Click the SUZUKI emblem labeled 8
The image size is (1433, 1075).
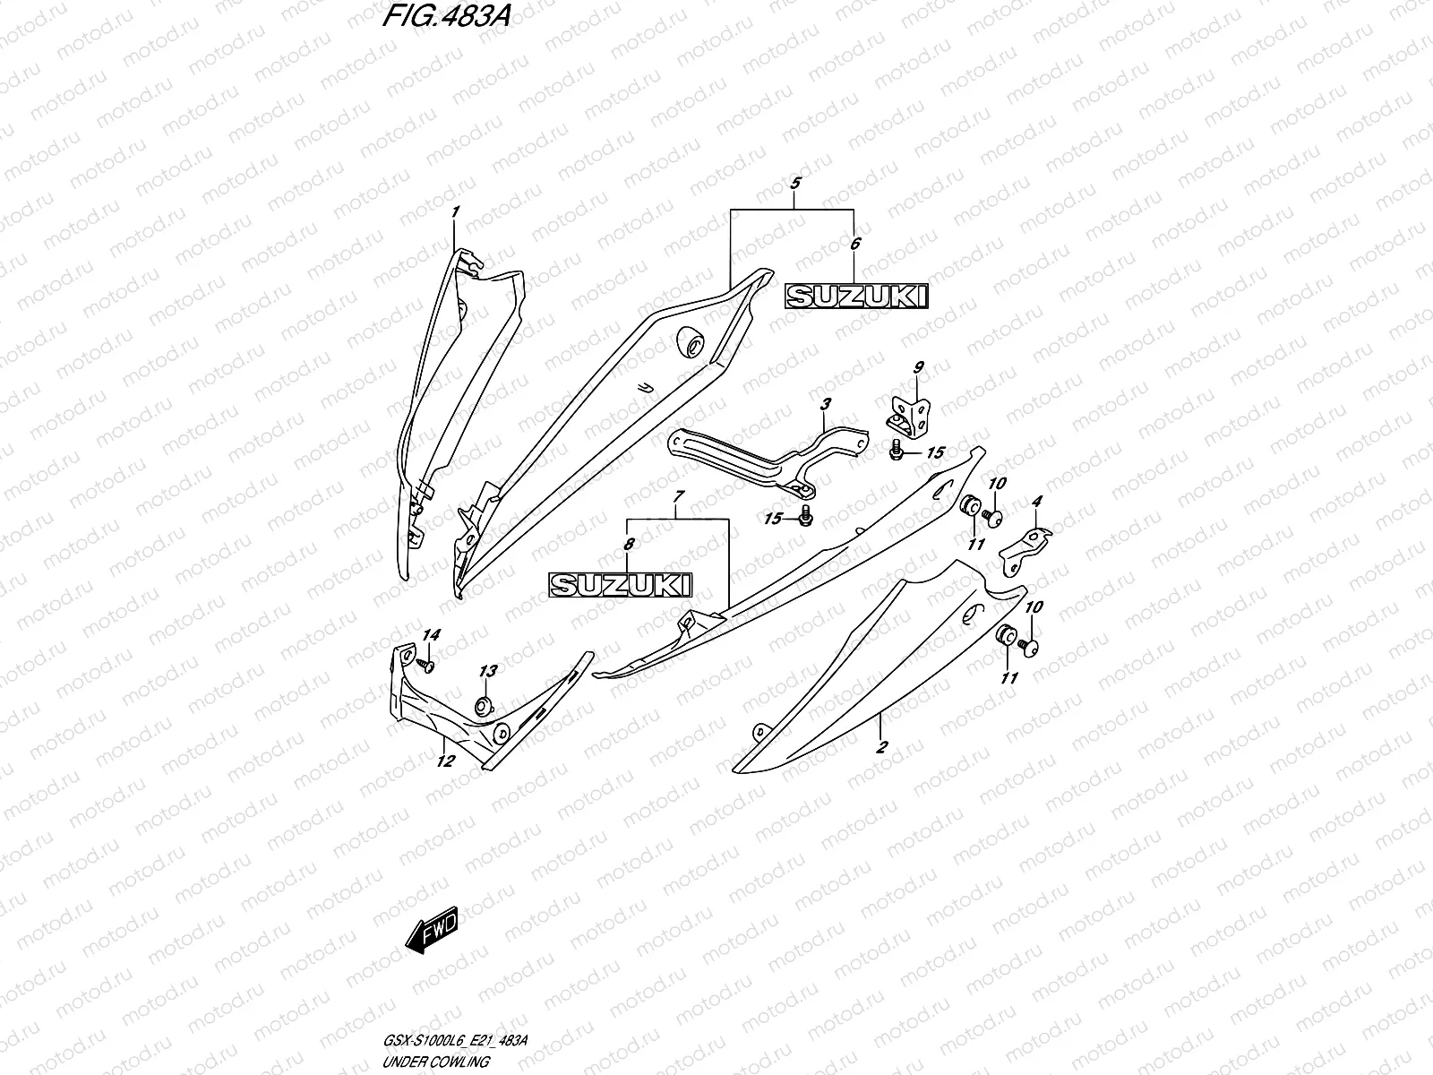621,585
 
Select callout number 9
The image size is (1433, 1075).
918,367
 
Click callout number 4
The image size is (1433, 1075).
1036,503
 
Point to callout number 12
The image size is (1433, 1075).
445,761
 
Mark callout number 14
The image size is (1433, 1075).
432,635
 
